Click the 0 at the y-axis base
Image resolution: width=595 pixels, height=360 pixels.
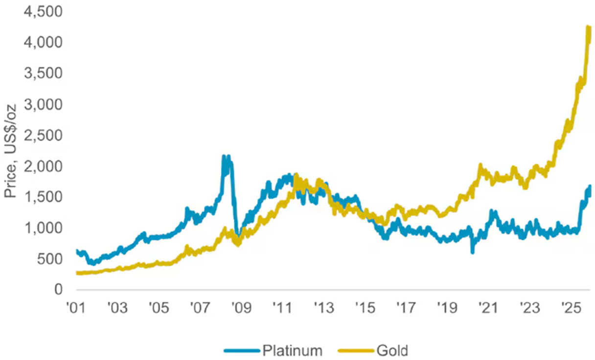tap(58, 290)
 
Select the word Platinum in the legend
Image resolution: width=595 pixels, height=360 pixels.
tap(293, 350)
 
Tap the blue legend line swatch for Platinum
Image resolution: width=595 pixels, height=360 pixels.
tap(241, 350)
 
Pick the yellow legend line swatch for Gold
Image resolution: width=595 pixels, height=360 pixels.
tap(355, 350)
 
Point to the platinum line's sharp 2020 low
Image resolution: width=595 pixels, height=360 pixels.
tap(472, 252)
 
